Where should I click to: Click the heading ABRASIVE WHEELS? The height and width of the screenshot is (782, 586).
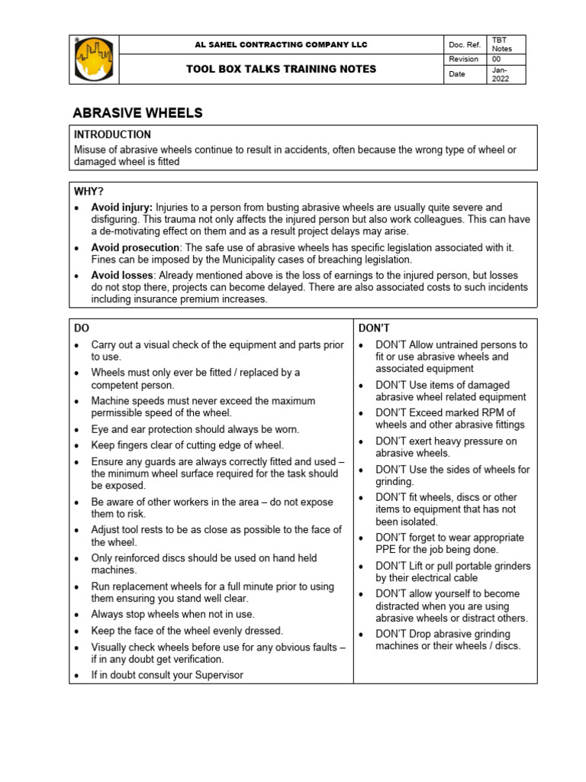coord(137,113)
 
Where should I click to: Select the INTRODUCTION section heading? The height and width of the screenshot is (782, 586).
coord(112,134)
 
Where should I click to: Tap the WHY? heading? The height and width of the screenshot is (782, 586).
coord(89,191)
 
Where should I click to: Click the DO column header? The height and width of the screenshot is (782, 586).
coord(82,328)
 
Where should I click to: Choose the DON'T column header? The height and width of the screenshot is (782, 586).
coord(375,328)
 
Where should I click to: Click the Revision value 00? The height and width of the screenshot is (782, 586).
coord(497,59)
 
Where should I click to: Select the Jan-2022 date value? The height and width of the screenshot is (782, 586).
coord(501,74)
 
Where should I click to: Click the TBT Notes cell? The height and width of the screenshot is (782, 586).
coord(501,44)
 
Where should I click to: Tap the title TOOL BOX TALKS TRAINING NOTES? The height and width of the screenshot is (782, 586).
coord(282,69)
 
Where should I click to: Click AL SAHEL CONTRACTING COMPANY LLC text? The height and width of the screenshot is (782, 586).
coord(282,45)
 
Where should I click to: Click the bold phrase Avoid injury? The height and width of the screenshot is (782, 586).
coord(122,208)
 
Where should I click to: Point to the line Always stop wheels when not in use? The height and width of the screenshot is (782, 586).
coord(173,614)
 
